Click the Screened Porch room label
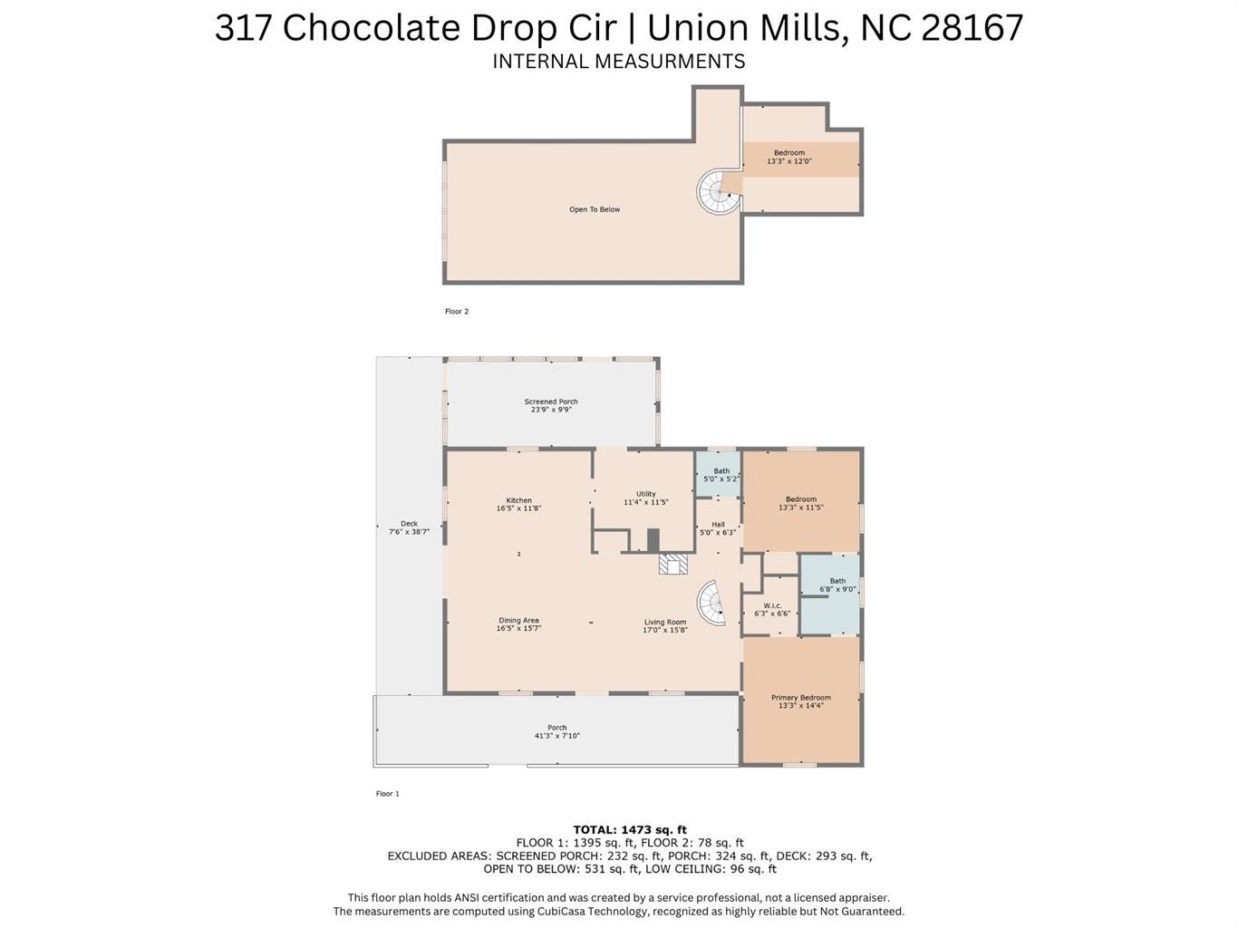551,406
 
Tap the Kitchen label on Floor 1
518,505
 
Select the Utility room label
645,498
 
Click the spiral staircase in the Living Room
712,604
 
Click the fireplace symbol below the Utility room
672,565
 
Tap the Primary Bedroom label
801,701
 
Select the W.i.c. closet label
772,610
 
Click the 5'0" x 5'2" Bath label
721,475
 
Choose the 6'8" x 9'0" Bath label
837,585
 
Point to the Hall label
718,528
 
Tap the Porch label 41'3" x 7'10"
556,731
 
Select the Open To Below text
595,209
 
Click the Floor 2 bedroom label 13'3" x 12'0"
788,157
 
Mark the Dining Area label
518,624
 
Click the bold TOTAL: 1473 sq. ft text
630,829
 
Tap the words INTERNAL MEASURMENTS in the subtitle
618,62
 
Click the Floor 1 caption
387,794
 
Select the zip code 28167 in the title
972,27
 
